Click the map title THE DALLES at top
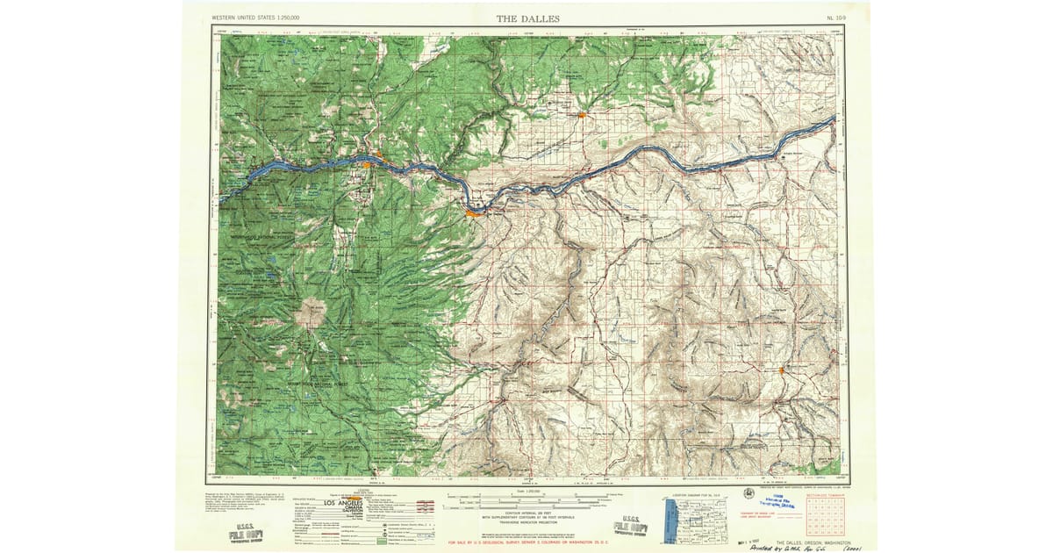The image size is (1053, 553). (527, 18)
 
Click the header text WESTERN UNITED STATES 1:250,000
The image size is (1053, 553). (255, 18)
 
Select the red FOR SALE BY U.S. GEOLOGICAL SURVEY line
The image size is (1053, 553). (526, 542)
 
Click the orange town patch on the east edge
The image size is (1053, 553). (780, 370)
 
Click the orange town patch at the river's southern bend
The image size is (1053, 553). (472, 212)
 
